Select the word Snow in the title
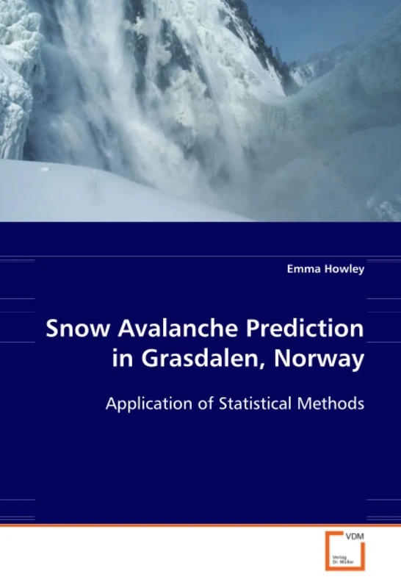[x=72, y=329]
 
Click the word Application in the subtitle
[x=151, y=404]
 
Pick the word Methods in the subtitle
[x=336, y=404]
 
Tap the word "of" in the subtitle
[x=209, y=404]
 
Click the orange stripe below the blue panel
[x=201, y=526]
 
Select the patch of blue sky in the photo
[x=323, y=26]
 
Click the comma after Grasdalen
[x=278, y=367]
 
